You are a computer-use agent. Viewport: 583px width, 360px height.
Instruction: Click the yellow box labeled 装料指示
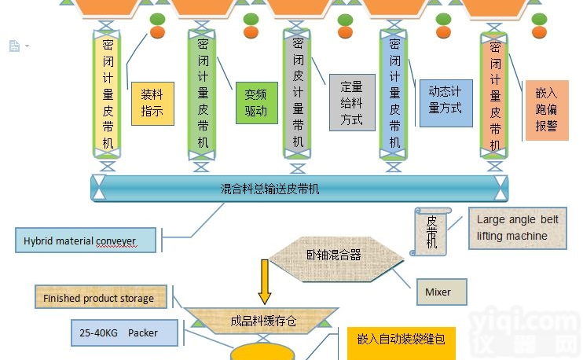(152, 102)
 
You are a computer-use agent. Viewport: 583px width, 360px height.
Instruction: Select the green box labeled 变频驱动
(256, 103)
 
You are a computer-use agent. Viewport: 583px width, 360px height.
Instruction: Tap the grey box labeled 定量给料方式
(351, 103)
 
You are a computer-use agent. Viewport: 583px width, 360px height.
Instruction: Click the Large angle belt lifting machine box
(517, 228)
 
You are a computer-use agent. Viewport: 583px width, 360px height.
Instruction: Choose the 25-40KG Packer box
(123, 333)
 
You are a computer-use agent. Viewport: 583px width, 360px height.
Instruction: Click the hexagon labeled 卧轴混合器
(334, 255)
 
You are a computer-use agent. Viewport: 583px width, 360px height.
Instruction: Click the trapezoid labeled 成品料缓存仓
(265, 321)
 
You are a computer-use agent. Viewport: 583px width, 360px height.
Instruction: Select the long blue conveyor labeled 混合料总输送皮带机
(298, 189)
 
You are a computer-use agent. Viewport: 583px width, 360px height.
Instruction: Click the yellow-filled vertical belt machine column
(108, 92)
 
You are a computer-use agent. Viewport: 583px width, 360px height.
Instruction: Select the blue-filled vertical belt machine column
(394, 92)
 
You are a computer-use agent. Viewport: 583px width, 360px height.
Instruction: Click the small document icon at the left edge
(14, 46)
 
